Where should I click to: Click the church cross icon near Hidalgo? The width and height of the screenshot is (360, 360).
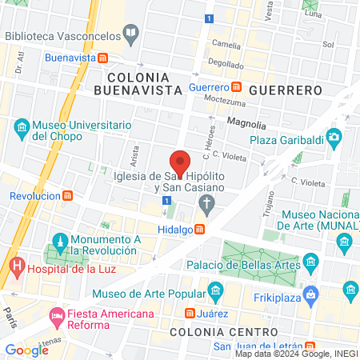click(208, 205)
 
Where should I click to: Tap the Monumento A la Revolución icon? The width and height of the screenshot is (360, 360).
click(60, 240)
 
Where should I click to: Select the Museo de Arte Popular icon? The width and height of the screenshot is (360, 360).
click(214, 289)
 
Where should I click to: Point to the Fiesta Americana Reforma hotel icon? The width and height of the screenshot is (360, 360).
click(58, 316)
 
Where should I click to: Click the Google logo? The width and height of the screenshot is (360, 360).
click(26, 350)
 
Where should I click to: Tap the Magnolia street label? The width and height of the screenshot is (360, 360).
click(247, 122)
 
